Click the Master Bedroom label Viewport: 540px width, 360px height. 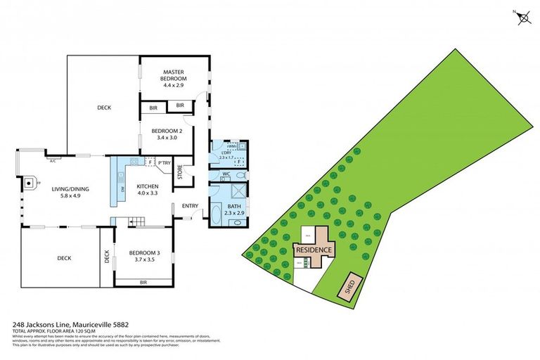coord(173,72)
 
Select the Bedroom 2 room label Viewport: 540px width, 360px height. coord(167,130)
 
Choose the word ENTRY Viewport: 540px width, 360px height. coord(190,206)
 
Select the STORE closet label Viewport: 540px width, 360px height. coord(180,172)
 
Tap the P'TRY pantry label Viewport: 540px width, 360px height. coord(165,164)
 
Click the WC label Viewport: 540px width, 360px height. coord(226,174)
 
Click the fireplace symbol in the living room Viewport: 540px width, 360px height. coord(29,184)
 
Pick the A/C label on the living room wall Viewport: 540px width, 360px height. coord(52,160)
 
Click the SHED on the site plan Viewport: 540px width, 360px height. coord(348,286)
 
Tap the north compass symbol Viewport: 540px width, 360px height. coord(523,18)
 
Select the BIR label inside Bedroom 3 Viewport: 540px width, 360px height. coord(143,282)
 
